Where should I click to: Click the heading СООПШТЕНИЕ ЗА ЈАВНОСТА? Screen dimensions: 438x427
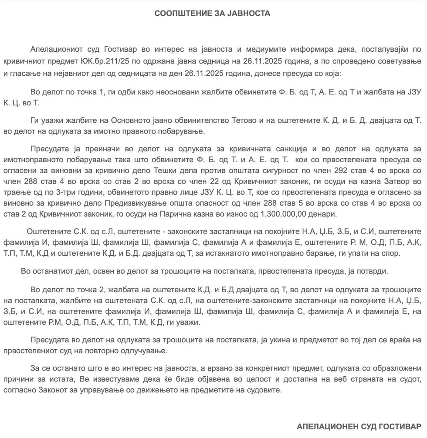[212, 13]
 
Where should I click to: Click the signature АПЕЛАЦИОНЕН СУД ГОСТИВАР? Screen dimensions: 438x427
[359, 426]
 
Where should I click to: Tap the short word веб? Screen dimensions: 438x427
[337, 379]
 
